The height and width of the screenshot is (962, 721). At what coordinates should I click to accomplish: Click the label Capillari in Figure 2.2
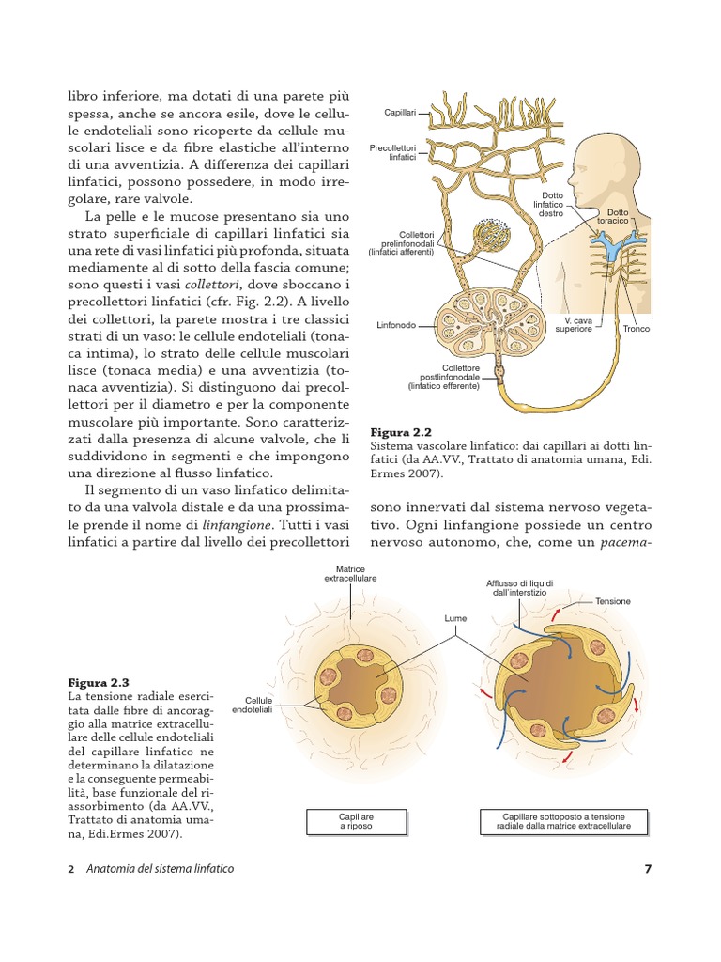(x=400, y=114)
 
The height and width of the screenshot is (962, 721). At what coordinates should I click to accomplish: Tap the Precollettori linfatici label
(x=392, y=153)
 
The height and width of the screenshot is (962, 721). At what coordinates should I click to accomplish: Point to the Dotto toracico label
(x=618, y=216)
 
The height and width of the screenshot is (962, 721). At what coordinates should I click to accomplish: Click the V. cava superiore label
(x=574, y=325)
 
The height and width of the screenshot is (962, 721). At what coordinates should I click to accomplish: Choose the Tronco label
(x=636, y=329)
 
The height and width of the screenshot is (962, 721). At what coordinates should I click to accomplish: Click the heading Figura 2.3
(x=98, y=682)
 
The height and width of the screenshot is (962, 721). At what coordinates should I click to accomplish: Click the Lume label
(x=455, y=619)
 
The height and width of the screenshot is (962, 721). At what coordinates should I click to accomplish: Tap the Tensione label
(x=612, y=601)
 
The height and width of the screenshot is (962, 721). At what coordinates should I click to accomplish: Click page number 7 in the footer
(x=647, y=869)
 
